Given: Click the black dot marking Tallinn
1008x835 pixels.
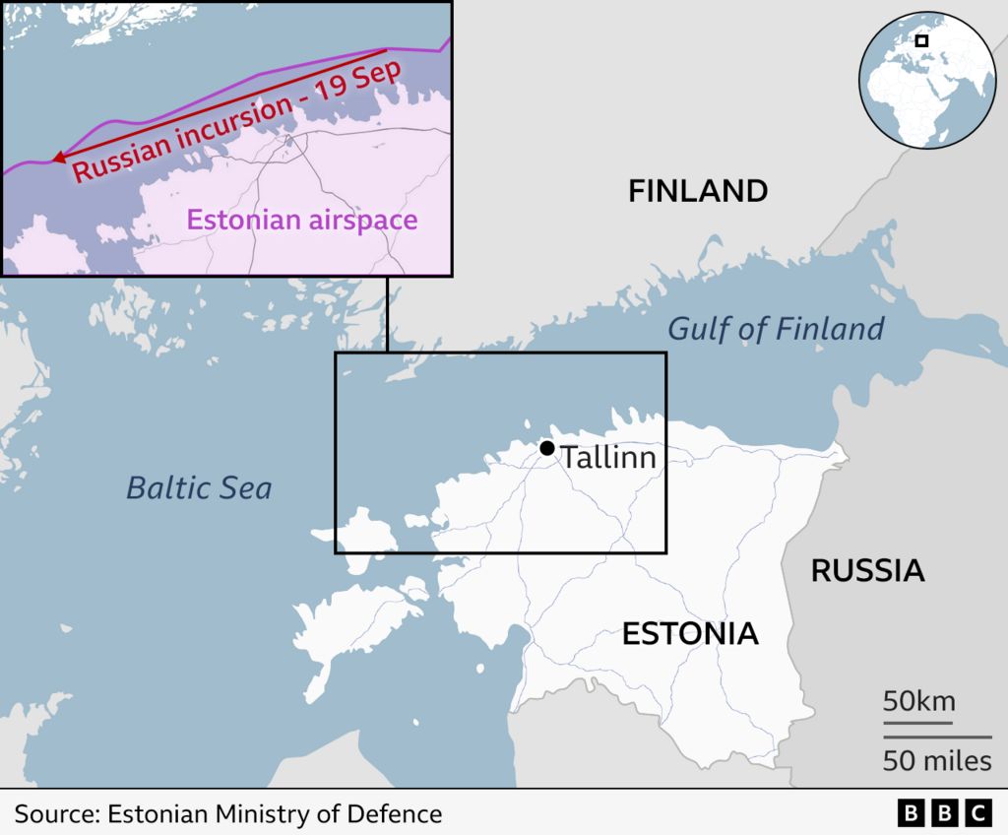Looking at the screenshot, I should pos(547,448).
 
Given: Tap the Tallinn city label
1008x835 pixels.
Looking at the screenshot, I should pos(607,458).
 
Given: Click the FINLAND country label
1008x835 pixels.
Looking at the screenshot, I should pos(698,191).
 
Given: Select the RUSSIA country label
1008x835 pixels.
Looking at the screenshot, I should pos(867,570).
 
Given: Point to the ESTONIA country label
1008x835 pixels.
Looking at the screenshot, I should pos(690,634).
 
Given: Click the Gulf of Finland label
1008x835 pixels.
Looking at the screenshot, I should pos(776,329).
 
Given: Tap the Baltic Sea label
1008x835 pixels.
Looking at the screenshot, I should pos(199,487).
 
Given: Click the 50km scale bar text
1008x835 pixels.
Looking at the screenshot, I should pos(918,702).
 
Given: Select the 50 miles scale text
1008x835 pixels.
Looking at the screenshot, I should pos(936,761).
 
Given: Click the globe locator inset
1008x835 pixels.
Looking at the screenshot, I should pos(926,82).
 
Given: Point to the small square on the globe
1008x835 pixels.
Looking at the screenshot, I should pos(922,40).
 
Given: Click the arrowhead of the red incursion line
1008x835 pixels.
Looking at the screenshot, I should pos(58,158).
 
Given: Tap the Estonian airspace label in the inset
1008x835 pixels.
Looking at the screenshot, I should pos(302,219).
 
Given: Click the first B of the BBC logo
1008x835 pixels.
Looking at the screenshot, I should pos(912,813).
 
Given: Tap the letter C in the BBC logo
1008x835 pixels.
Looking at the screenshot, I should pos(977,813).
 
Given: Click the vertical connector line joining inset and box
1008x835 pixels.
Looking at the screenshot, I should pos(387,313).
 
